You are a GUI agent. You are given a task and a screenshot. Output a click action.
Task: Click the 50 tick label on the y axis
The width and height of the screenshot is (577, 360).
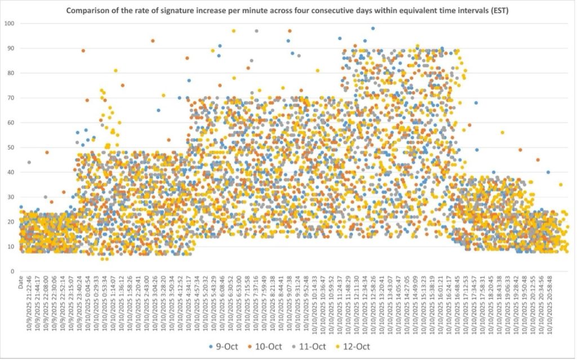[11, 148]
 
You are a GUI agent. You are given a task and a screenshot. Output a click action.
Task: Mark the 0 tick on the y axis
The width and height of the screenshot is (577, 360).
[12, 272]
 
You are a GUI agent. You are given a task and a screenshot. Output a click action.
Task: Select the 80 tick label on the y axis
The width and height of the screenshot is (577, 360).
[11, 73]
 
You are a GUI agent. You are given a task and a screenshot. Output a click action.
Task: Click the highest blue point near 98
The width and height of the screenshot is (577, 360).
[373, 28]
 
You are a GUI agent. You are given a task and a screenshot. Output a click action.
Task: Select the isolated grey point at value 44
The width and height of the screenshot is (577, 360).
[29, 162]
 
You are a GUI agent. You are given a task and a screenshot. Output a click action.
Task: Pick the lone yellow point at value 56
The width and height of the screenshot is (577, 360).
[502, 132]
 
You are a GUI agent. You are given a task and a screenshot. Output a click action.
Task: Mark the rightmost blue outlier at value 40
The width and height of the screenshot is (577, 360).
[548, 172]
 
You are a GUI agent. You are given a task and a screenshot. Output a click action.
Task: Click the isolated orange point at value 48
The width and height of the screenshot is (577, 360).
[47, 152]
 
